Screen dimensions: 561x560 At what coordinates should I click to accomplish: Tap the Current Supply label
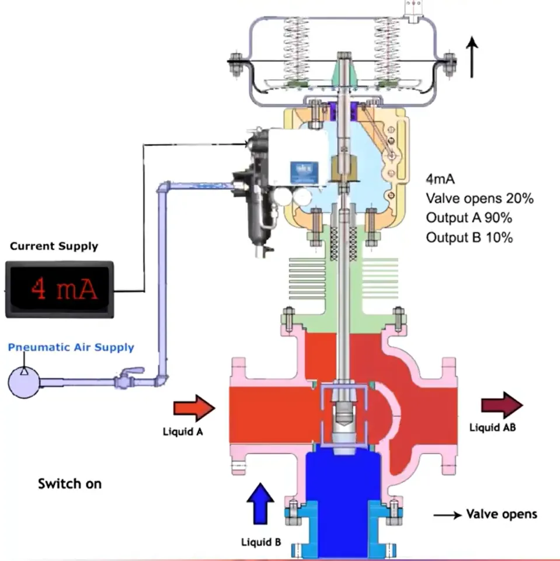click(x=54, y=246)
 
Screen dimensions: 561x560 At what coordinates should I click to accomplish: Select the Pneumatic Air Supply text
click(x=71, y=348)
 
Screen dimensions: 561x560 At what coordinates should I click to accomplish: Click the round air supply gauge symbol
click(x=23, y=382)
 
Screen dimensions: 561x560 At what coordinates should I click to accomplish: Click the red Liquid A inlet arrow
click(x=194, y=407)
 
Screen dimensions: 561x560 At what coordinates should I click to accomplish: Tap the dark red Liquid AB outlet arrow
click(x=502, y=405)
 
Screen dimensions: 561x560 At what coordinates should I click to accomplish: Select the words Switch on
click(x=69, y=484)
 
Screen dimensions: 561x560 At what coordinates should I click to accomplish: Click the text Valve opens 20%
click(x=479, y=198)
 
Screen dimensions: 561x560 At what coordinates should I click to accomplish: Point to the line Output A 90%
click(x=469, y=218)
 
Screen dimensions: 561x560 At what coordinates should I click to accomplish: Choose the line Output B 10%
click(x=469, y=238)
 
